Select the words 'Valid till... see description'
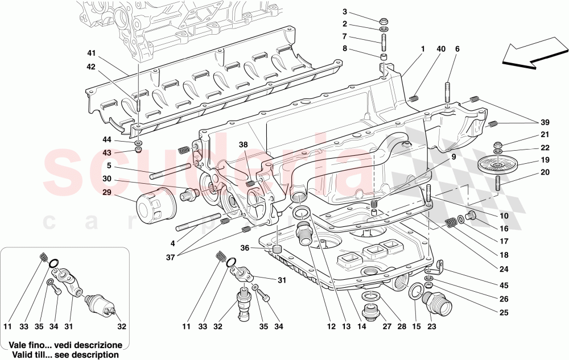(x=67, y=354)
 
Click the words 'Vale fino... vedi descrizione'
(x=67, y=345)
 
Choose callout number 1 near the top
(x=423, y=49)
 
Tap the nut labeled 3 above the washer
(x=384, y=17)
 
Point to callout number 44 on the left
(x=107, y=140)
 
